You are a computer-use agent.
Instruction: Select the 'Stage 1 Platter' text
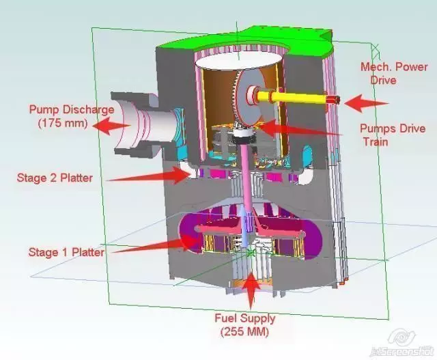[66, 252]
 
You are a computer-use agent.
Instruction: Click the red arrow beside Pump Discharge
[111, 125]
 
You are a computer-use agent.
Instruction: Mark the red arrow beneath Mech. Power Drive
[365, 103]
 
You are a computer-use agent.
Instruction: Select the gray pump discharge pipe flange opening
[126, 124]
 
